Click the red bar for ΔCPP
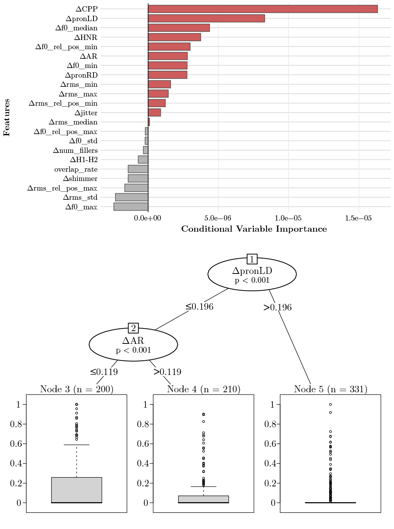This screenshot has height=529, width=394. pos(263,9)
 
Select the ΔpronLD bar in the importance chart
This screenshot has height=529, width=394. pos(207,18)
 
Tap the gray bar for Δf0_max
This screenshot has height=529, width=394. pos(131,207)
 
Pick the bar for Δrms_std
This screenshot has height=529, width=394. pos(132,197)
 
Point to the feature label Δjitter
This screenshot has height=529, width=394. pos(86,113)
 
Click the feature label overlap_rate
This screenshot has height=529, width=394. pos(76,169)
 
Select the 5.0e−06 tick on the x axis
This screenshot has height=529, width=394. pos(218,218)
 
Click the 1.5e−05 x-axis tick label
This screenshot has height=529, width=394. pos(358,218)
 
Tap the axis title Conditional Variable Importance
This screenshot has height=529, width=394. pos(254,229)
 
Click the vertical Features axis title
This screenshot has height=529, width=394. pos(7,118)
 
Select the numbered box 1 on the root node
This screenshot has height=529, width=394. pos(252,259)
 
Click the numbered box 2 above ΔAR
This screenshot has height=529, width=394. pos(134,328)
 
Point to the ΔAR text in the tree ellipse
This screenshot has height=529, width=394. pos(133,341)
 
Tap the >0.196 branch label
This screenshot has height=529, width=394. pos(277,307)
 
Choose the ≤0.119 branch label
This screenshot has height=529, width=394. pos(104,372)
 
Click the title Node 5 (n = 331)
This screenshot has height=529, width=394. pos(331,389)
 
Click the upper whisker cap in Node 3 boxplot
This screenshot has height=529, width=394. pos(77,445)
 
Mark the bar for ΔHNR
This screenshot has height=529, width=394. pos(174,37)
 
